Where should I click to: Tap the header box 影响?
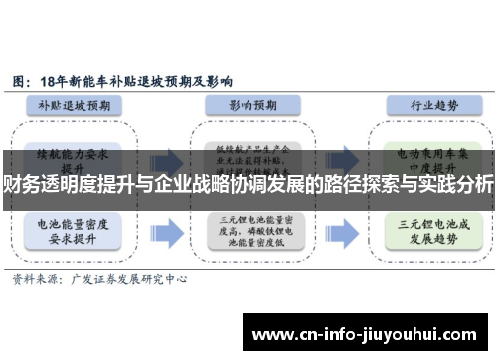click(248, 105)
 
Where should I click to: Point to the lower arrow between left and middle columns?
click(168, 232)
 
